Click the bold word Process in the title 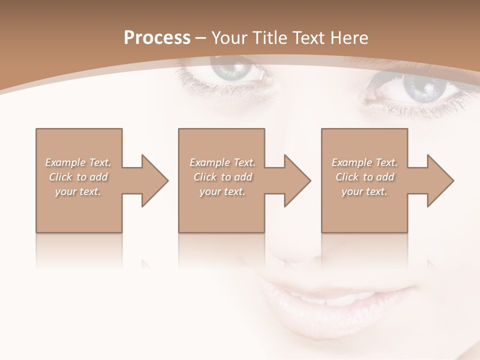coord(157,38)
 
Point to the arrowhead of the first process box coord(154,180)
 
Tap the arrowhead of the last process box coord(440,180)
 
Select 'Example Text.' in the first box coord(78,162)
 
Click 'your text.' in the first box coord(78,191)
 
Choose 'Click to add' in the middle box coord(222,177)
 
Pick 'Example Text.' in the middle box coord(222,162)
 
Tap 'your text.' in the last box coord(364,191)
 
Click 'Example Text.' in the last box coord(364,162)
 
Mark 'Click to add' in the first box coord(78,177)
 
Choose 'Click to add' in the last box coord(364,177)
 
